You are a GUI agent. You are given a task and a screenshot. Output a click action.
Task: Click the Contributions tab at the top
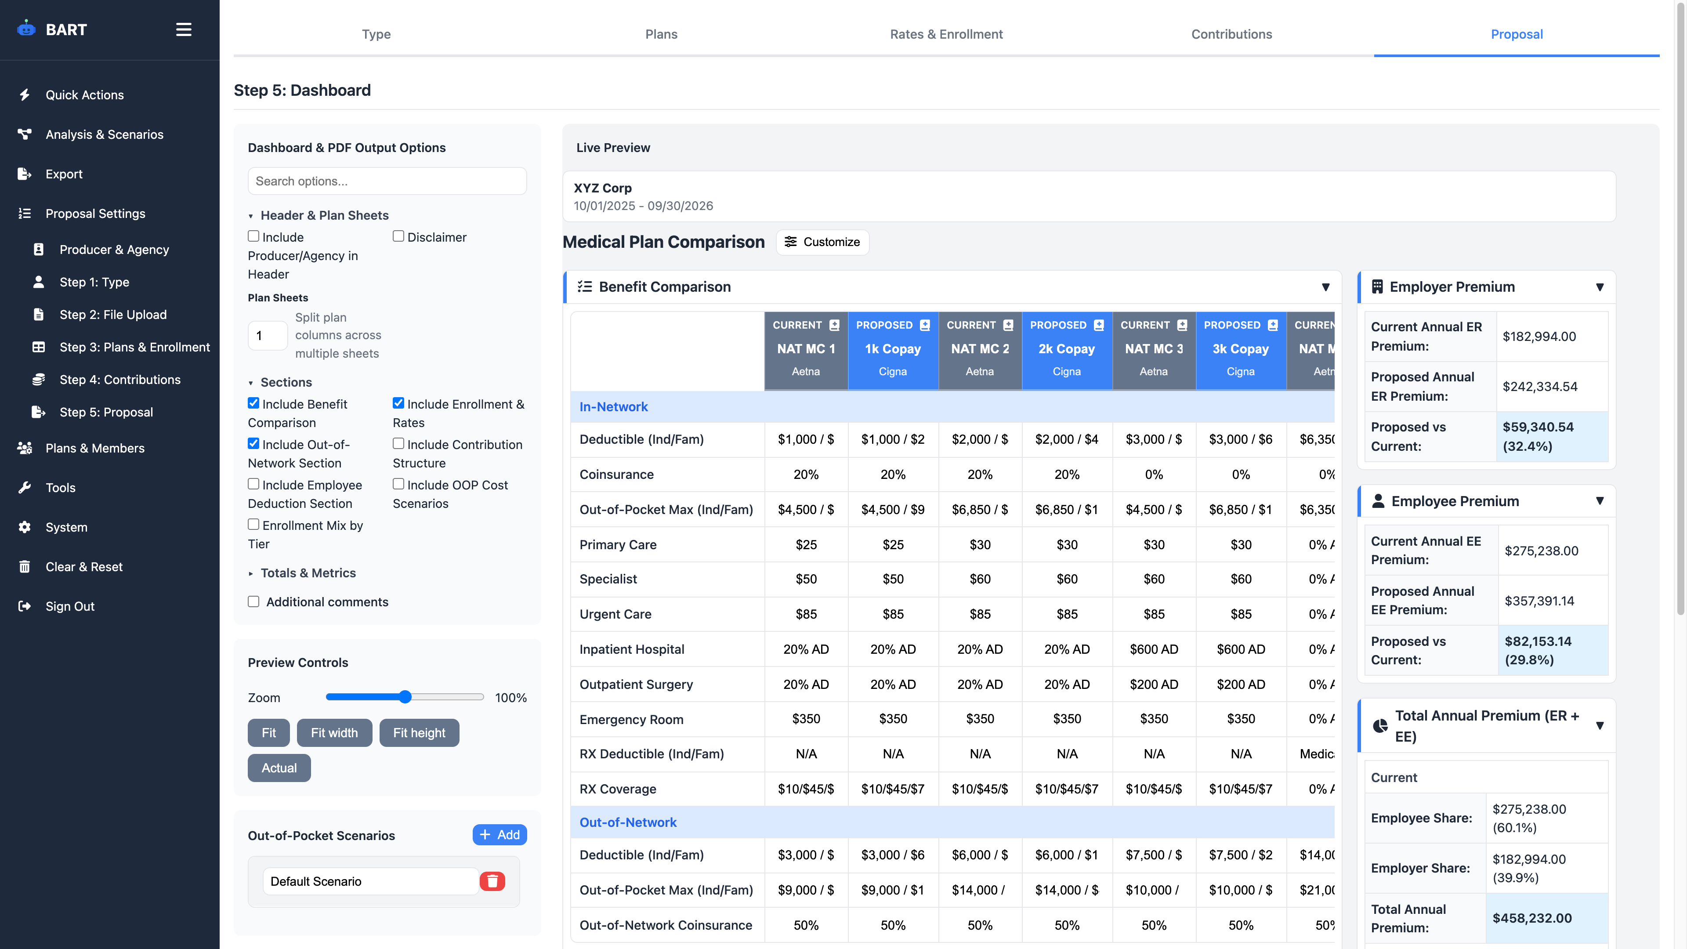1231,34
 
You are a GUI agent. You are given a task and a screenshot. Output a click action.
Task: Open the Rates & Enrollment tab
946,34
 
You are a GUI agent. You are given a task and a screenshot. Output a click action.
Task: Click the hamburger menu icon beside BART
183,29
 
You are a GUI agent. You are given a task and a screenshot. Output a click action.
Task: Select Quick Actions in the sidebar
84,95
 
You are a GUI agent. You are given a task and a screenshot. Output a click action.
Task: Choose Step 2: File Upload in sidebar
112,315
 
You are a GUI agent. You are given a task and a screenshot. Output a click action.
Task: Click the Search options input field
387,181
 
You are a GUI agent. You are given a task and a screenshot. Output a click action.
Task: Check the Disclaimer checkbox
398,236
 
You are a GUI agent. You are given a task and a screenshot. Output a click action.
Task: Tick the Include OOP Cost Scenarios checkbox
398,484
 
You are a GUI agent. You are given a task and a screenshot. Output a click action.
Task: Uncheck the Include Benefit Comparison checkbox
253,403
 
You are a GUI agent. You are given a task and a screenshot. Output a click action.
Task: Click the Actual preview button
279,768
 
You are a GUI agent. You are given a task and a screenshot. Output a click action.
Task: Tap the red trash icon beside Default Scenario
492,881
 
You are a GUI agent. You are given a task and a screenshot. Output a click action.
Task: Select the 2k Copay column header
1066,350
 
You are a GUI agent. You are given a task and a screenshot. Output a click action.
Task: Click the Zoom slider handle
405,697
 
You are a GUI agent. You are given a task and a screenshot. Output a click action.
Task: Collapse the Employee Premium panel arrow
1599,501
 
